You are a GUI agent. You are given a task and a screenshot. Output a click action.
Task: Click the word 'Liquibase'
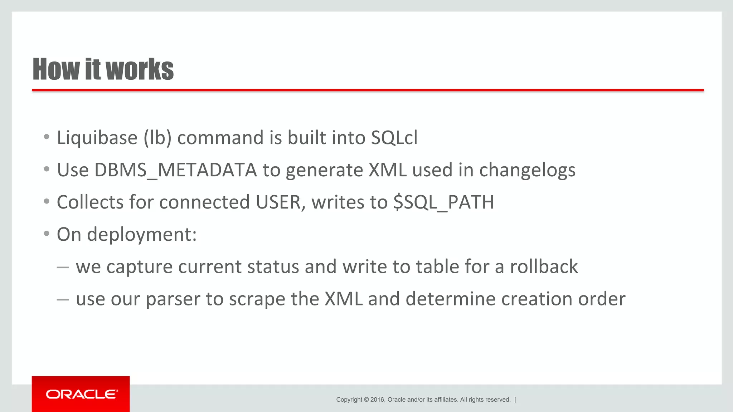97,138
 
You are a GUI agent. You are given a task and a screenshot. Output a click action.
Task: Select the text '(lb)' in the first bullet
157,138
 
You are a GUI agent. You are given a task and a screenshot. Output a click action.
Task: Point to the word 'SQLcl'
394,138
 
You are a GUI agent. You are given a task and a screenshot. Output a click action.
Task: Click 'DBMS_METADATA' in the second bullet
175,170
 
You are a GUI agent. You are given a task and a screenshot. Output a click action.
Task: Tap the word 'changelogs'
527,171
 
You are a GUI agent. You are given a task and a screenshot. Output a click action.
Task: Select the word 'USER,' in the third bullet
281,202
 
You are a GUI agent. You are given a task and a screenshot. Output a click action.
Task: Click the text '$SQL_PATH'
443,203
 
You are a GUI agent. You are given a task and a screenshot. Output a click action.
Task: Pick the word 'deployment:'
142,235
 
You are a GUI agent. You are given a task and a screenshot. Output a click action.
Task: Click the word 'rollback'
544,267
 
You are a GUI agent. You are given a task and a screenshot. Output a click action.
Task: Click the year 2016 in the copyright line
377,400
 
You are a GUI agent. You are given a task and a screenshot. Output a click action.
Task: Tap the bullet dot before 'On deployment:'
47,234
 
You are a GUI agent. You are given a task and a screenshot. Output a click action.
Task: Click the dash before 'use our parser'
63,299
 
